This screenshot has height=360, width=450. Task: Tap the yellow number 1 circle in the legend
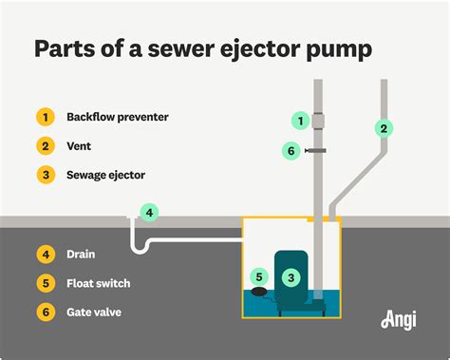click(45, 117)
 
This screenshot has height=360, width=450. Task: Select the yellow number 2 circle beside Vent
click(45, 145)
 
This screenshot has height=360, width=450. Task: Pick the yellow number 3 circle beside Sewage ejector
click(45, 174)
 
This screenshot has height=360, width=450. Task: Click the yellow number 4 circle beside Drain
click(45, 254)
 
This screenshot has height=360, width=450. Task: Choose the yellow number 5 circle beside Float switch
click(45, 282)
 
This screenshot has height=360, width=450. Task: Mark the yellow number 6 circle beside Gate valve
click(45, 311)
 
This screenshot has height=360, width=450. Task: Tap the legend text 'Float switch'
click(99, 282)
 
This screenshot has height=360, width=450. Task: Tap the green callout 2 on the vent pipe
click(383, 127)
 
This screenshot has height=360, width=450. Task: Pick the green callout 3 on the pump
click(291, 277)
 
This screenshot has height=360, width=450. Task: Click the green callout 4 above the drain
click(148, 212)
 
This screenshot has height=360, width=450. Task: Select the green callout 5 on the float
click(257, 277)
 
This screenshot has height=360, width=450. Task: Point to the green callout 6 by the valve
click(291, 150)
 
